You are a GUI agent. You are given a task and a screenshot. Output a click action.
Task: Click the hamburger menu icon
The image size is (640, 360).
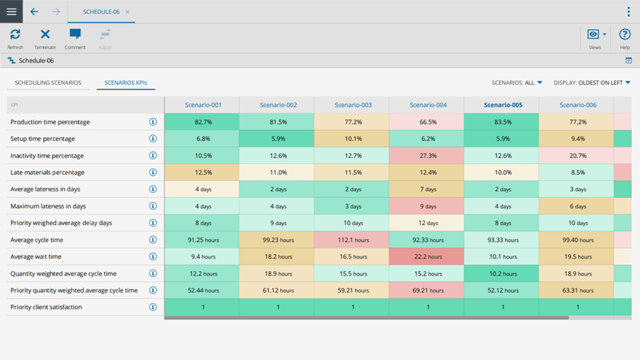11,11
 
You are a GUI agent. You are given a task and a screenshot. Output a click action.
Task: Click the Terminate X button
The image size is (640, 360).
45,35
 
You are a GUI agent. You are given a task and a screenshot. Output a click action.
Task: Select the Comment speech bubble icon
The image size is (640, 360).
75,35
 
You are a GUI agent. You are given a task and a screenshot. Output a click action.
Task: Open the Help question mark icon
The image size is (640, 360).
624,35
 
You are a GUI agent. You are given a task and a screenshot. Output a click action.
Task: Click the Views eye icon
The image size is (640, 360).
594,35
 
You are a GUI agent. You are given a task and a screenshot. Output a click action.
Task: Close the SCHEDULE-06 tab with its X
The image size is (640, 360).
128,12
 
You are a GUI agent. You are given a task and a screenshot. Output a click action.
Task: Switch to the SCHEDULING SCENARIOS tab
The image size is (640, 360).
48,83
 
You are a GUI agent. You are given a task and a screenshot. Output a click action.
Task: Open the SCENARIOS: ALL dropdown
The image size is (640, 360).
517,83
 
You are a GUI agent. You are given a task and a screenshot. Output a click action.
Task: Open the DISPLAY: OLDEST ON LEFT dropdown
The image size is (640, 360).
592,83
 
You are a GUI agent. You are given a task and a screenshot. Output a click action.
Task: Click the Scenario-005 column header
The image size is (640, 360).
503,105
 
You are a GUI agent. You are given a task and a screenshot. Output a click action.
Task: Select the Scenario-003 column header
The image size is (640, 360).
353,105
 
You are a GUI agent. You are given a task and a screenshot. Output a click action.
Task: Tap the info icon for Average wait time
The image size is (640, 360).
153,256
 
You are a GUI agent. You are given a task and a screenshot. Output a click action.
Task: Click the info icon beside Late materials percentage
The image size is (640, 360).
153,173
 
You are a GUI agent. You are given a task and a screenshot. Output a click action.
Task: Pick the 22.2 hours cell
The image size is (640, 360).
428,256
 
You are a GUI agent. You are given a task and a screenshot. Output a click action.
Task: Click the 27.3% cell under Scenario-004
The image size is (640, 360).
428,156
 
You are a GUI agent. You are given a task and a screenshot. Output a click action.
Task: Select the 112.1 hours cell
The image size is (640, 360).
353,240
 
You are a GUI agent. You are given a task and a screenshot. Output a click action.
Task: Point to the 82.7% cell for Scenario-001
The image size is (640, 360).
203,122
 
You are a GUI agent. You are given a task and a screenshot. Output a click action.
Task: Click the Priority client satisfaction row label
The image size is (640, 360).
46,307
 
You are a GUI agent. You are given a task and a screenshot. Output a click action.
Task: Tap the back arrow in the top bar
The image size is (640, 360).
34,11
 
